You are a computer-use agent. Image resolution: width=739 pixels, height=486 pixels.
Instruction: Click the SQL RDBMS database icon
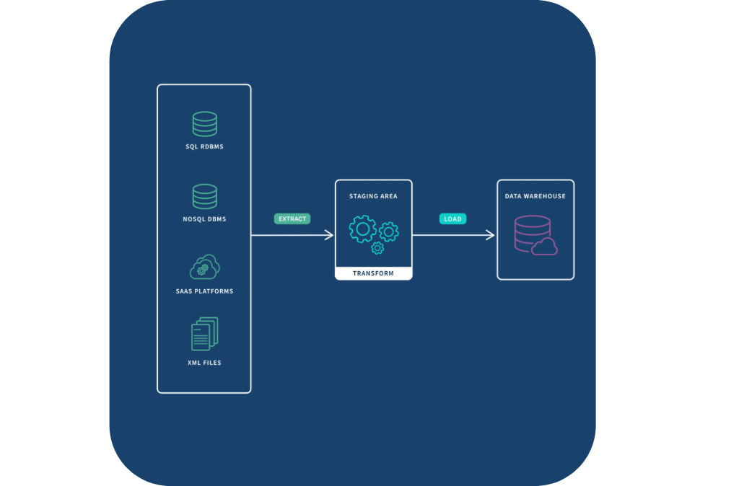click(204, 124)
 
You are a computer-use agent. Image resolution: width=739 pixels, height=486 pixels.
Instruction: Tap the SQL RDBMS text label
click(204, 146)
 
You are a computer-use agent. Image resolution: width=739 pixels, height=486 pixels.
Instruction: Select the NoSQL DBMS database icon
click(204, 196)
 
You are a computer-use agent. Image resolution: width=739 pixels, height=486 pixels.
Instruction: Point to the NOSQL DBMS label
click(204, 219)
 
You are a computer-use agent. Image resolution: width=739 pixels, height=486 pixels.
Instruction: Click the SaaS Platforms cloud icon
click(204, 267)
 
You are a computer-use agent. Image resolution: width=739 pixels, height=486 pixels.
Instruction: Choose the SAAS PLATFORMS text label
click(204, 291)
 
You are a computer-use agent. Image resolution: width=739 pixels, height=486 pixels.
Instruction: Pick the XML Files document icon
click(204, 334)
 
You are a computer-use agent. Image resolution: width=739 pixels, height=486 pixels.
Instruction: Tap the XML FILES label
click(204, 363)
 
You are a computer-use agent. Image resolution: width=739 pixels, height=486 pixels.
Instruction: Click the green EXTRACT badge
click(292, 218)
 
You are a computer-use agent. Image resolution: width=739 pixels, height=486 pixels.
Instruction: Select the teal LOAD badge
click(453, 218)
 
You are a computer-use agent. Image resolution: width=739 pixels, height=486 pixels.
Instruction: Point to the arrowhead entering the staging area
click(329, 235)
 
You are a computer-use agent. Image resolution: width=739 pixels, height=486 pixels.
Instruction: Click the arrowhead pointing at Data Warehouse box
click(491, 235)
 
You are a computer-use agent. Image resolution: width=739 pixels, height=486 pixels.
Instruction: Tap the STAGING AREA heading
click(373, 196)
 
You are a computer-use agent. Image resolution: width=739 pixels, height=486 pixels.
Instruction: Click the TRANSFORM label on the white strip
click(373, 273)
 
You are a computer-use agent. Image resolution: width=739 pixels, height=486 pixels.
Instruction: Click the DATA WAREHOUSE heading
click(535, 196)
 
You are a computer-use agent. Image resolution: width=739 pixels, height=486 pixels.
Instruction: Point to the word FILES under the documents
click(211, 363)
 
